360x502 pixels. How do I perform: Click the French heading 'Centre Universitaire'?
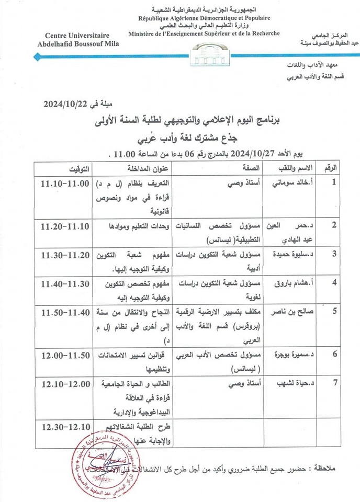point(79,36)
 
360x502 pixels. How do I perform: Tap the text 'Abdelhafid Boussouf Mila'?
point(79,43)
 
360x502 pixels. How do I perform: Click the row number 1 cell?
point(334,182)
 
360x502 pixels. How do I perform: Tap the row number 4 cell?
point(334,282)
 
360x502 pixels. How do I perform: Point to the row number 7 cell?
point(334,382)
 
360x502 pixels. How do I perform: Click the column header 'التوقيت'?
point(79,168)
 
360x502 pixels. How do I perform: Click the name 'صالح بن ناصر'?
point(287,312)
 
